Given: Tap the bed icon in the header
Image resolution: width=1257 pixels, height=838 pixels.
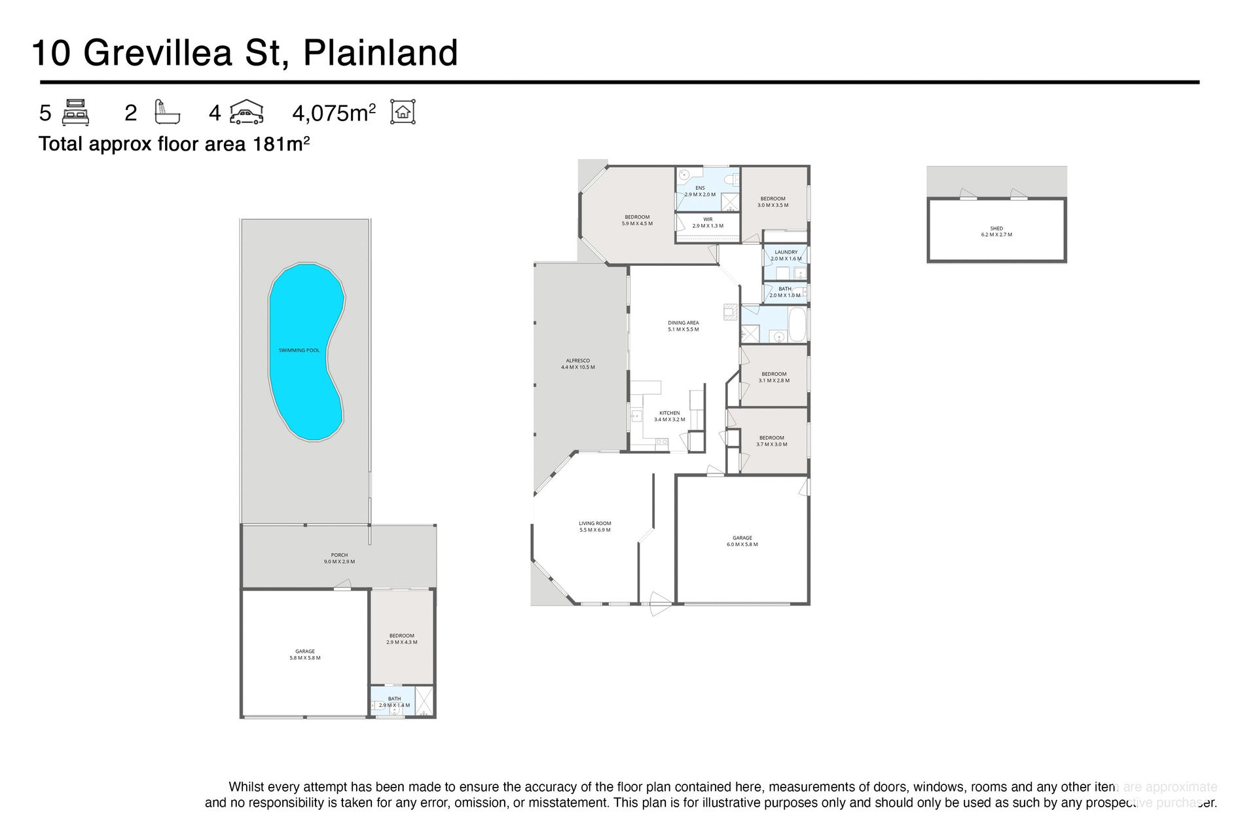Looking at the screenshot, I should [75, 112].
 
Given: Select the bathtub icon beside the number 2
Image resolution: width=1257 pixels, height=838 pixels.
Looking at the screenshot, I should [167, 112].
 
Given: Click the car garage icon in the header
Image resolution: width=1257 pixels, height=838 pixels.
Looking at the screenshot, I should [247, 112].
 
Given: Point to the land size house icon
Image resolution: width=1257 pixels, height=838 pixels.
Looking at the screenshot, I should [403, 112].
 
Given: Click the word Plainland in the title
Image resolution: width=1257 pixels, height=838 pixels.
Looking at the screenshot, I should [380, 53].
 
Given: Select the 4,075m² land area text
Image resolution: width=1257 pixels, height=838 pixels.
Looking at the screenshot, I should [333, 113].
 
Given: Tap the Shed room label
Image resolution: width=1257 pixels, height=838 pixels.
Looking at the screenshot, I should [996, 231].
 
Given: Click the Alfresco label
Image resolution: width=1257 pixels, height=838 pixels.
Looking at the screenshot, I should [578, 363].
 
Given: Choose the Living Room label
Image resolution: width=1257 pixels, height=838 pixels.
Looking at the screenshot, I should [594, 526].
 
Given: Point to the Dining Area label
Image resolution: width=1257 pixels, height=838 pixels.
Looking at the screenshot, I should [683, 326].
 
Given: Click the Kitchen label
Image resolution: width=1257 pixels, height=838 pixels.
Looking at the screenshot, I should [669, 416].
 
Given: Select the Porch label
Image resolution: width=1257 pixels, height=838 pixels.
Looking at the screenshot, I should [339, 558].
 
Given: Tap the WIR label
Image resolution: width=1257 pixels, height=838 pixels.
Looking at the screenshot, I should [708, 223].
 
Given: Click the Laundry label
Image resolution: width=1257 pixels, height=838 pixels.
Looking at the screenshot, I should [786, 255].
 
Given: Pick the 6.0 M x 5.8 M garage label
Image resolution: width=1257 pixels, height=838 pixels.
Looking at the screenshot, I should [742, 541].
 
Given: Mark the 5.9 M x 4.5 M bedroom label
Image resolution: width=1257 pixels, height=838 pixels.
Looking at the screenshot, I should [637, 220].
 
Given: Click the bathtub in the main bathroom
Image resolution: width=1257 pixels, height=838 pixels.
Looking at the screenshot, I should [797, 325].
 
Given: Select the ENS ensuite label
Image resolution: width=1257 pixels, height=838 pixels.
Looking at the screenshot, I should [700, 191].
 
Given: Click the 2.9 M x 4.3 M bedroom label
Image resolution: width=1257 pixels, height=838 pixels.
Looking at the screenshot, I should [401, 638].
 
